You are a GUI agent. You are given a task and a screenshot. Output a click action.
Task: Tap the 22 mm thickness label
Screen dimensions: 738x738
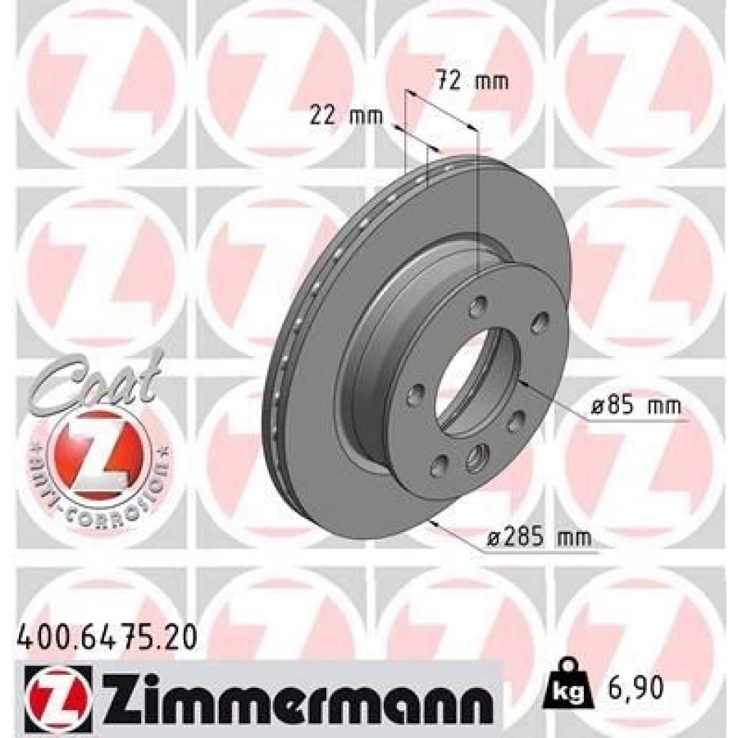coord(347,116)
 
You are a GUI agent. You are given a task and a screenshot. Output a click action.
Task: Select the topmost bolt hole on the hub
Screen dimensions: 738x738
coord(476,309)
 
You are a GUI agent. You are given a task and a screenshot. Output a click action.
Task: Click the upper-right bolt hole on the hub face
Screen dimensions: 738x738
coord(540,321)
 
